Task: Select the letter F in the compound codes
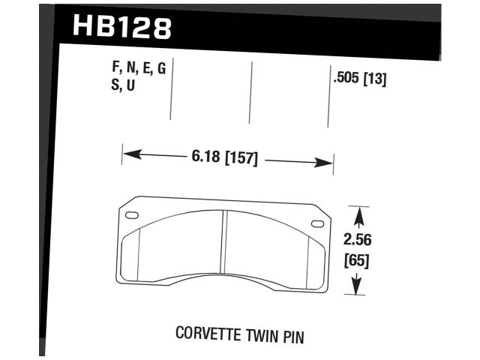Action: [x=114, y=70]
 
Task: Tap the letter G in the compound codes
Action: [x=160, y=70]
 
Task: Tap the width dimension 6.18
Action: [x=205, y=159]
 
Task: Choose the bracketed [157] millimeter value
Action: [x=241, y=159]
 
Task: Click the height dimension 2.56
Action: [x=358, y=241]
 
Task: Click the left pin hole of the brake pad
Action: [x=132, y=217]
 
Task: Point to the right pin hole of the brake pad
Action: [x=317, y=223]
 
